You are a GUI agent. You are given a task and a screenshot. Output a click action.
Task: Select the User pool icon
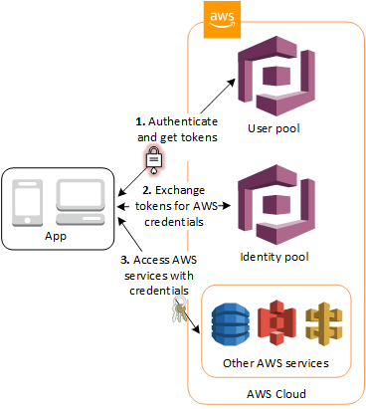click(274, 78)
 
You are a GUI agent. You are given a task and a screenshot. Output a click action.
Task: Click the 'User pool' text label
click(274, 130)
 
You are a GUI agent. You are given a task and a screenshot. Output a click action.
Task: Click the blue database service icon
click(231, 323)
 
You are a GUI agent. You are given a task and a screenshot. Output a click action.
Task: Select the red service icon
click(273, 323)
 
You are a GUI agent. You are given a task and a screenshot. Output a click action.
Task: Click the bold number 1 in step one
click(140, 120)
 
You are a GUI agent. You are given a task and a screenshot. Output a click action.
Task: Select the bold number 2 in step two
click(147, 188)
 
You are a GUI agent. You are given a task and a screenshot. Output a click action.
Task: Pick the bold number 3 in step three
click(123, 259)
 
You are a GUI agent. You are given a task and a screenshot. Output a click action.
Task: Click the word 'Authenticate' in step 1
click(180, 120)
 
